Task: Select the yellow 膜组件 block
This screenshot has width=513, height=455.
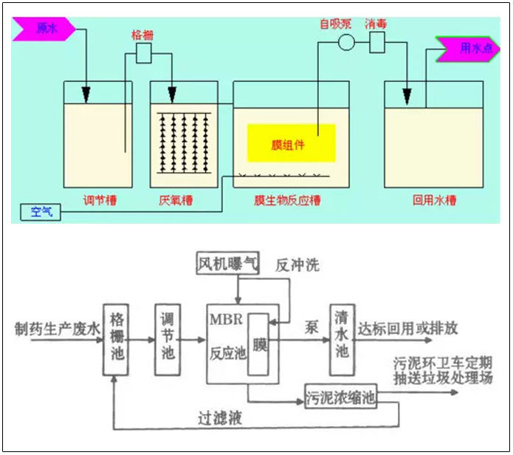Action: click(291, 143)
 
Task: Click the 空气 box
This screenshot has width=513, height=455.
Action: click(40, 212)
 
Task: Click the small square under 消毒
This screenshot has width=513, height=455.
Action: click(378, 42)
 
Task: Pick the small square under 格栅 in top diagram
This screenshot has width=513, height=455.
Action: click(143, 52)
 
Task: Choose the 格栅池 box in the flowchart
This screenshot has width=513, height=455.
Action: click(117, 333)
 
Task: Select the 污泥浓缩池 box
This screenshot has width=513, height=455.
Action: click(341, 397)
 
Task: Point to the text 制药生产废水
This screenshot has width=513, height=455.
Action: click(56, 329)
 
